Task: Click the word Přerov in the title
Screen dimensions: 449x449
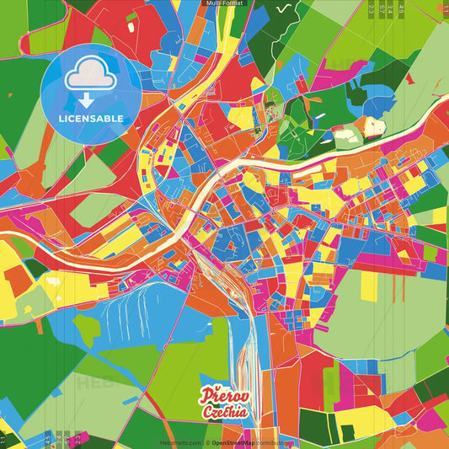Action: pos(222,393)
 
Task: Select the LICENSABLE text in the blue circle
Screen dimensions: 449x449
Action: pos(91,118)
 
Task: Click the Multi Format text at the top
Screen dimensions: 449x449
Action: pos(224,3)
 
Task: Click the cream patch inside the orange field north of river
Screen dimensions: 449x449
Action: pos(371,126)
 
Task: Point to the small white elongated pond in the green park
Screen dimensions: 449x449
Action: pos(345,133)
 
